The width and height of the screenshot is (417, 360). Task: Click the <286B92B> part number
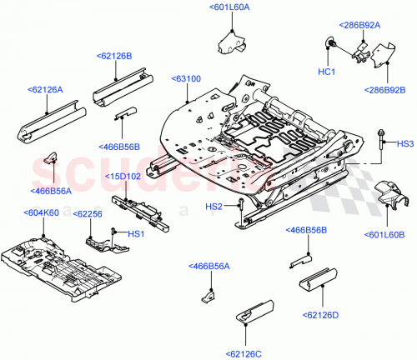(x=385, y=90)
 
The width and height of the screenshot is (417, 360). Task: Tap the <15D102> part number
(x=123, y=176)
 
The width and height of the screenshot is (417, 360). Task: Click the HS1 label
(x=135, y=233)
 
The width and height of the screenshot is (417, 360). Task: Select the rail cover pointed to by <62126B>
(x=121, y=87)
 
